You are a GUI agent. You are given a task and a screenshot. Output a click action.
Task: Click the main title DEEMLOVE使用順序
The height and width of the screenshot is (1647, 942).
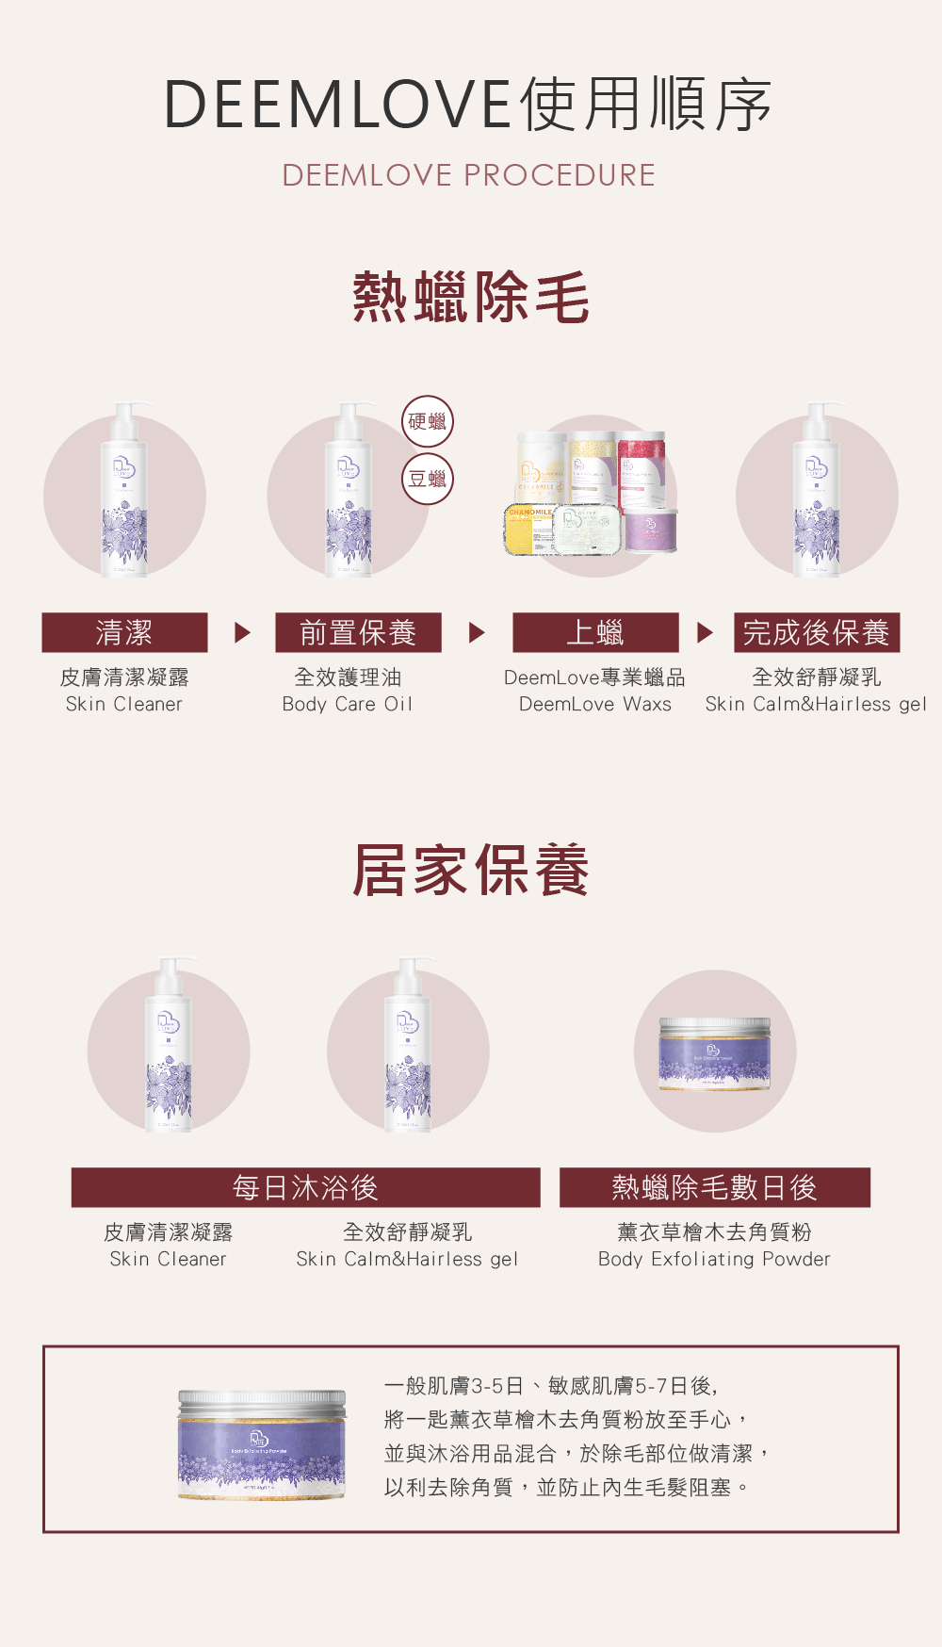tap(468, 104)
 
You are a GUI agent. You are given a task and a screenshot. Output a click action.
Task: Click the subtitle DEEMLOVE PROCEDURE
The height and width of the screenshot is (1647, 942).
tap(468, 175)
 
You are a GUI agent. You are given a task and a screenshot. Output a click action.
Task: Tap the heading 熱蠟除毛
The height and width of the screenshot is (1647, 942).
tap(470, 297)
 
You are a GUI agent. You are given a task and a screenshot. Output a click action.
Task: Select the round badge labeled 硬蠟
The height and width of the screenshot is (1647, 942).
tap(428, 421)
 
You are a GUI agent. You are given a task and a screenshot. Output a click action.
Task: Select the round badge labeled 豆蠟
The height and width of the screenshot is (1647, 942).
tap(428, 479)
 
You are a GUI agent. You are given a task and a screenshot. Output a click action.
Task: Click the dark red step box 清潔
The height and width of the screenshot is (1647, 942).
tap(124, 632)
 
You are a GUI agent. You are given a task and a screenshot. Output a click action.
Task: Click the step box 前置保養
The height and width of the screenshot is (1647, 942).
tap(358, 632)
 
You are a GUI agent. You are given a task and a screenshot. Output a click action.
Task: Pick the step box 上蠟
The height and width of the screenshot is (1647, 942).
tap(595, 632)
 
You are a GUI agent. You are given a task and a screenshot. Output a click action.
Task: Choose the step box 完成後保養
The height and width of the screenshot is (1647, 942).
tap(817, 632)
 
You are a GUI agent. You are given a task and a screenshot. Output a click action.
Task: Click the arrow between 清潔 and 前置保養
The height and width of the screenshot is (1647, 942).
tap(242, 632)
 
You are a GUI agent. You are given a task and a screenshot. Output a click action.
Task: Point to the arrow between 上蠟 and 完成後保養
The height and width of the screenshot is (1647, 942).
tap(705, 632)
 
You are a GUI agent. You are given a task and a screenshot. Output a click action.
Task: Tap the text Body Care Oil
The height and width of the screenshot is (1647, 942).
tap(348, 704)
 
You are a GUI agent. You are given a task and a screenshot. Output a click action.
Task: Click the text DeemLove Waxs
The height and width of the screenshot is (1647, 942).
tap(595, 704)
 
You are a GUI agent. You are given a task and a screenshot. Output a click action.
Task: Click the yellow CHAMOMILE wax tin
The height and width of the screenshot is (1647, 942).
tap(529, 530)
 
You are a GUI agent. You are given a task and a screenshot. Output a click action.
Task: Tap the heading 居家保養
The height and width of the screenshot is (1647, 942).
tap(470, 870)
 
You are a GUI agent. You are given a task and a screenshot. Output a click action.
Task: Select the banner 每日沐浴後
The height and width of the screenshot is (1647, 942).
tap(305, 1187)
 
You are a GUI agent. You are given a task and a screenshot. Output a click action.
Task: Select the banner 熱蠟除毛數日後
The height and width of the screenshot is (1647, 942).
tap(714, 1187)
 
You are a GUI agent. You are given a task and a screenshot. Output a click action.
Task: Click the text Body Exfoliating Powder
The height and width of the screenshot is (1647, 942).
tap(714, 1259)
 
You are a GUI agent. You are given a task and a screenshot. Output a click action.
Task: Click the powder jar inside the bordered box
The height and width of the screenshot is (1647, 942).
tap(262, 1444)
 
